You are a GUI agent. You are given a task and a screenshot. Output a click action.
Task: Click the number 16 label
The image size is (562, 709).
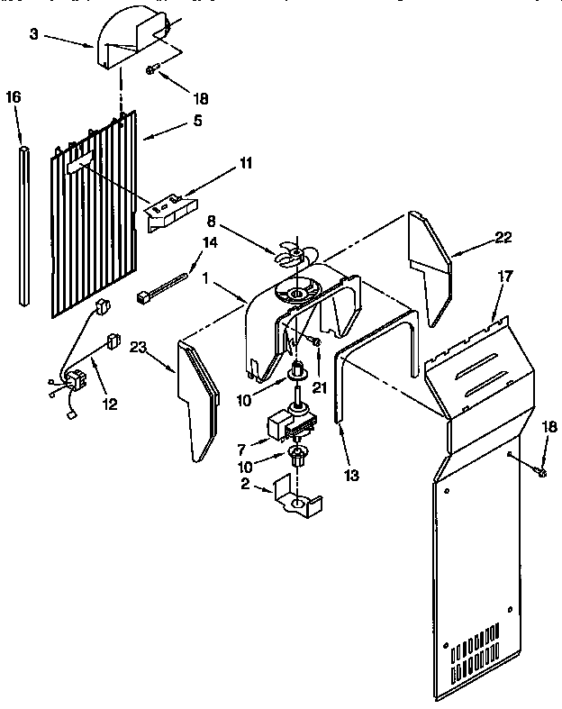14,96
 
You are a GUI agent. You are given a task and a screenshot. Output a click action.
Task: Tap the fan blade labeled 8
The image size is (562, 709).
292,253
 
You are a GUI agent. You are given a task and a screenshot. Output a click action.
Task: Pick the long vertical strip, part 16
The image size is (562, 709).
23,221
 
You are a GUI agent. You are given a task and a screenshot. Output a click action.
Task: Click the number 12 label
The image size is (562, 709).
109,404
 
